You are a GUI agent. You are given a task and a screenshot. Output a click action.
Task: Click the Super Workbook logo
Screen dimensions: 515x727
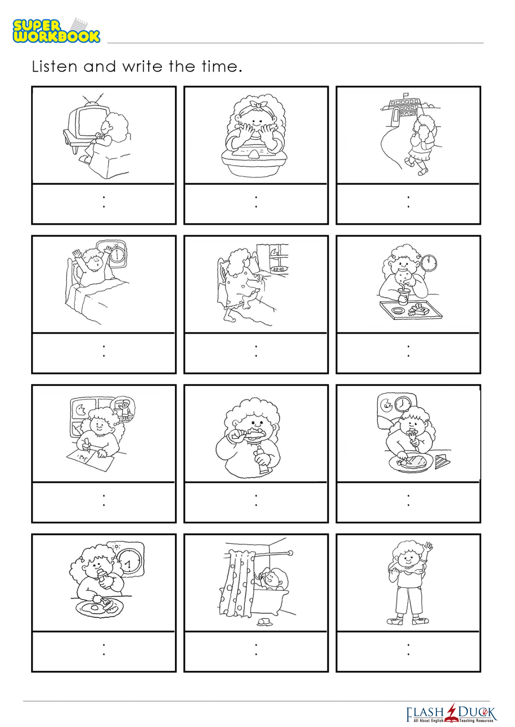pyautogui.click(x=56, y=31)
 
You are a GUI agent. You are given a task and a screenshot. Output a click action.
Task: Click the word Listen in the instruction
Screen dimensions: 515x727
pyautogui.click(x=55, y=67)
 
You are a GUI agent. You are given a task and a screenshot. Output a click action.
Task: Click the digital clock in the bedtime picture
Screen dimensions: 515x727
pyautogui.click(x=279, y=269)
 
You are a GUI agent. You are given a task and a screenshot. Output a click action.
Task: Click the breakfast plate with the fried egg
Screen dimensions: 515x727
pyautogui.click(x=99, y=607)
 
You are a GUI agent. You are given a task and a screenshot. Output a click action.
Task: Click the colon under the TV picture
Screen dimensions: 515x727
pyautogui.click(x=104, y=201)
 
